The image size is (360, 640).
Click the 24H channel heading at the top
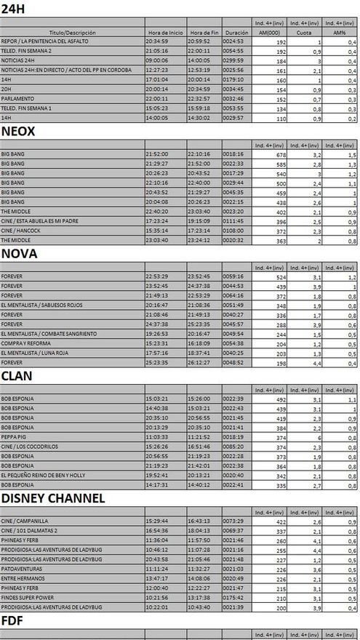14,9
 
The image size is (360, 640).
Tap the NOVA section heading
20,254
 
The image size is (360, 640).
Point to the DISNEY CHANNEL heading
52,498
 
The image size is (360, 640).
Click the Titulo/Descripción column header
73,33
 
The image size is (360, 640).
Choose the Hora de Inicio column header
165,33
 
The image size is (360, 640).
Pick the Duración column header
236,33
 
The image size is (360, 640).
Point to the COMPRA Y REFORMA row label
25,343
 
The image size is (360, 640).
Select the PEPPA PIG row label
15,437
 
